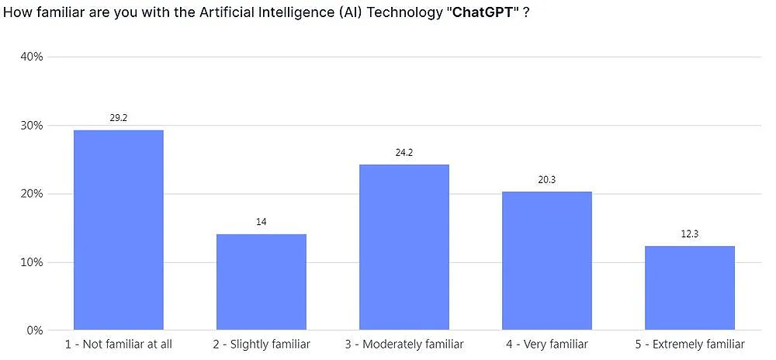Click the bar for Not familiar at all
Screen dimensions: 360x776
(x=118, y=230)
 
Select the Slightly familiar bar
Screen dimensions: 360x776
(x=261, y=282)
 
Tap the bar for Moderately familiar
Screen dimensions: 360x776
(x=404, y=247)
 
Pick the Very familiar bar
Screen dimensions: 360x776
(x=546, y=261)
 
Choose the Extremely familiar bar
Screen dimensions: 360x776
(x=689, y=288)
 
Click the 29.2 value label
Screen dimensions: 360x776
(x=118, y=118)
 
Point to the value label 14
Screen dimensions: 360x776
(x=261, y=222)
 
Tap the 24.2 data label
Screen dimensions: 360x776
(x=404, y=153)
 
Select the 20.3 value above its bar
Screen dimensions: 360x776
(x=546, y=179)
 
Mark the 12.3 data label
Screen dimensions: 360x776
(x=689, y=234)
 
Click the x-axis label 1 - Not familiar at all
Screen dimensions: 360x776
(x=118, y=344)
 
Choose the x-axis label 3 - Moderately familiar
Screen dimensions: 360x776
(x=404, y=344)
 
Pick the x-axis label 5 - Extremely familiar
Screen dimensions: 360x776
(x=689, y=344)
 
